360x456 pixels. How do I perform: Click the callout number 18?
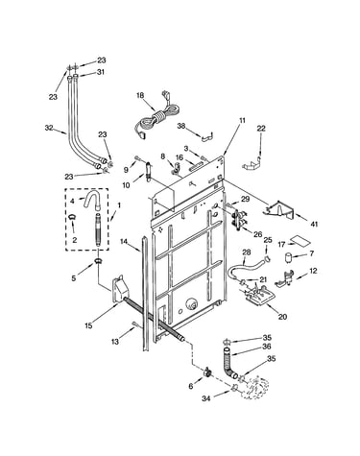[x=140, y=95]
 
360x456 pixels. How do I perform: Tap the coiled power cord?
[x=156, y=118]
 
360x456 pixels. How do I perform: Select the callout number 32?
[x=49, y=128]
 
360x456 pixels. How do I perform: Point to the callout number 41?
[x=314, y=224]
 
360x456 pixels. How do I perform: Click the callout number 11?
[x=242, y=120]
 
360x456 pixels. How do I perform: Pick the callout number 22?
[x=261, y=129]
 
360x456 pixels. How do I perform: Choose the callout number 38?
[x=181, y=126]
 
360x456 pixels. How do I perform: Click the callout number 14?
[x=124, y=241]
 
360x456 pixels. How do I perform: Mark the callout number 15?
[x=88, y=325]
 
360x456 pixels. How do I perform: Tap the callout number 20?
[x=282, y=317]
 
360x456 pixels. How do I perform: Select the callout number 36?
[x=267, y=347]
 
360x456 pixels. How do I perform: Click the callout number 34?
[x=206, y=398]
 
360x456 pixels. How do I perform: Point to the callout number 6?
[x=191, y=386]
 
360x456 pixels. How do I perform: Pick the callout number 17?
[x=281, y=245]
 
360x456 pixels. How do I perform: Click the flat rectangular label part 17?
[x=300, y=241]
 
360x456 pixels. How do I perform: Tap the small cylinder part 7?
[x=290, y=257]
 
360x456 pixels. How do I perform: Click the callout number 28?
[x=247, y=252]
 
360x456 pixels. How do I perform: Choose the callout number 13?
[x=115, y=342]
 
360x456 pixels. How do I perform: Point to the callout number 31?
[x=101, y=72]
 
